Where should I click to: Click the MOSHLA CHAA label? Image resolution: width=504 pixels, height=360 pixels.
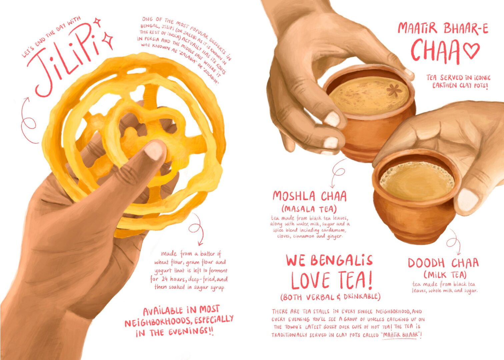coord(310,196)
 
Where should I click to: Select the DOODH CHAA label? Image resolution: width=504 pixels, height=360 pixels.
coord(443,263)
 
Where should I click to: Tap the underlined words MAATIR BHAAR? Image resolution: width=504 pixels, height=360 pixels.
coord(401,335)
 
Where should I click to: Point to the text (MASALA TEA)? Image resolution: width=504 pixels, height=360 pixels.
coord(309,209)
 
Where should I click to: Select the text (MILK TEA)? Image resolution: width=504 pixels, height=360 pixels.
coord(445,275)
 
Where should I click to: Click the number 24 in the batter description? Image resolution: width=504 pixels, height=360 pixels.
coord(165,279)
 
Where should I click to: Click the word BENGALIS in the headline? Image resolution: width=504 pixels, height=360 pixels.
coord(342,260)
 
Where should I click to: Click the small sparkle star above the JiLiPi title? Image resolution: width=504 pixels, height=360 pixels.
coord(97,22)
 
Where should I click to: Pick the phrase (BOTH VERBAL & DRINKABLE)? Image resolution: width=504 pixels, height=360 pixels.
coord(330,297)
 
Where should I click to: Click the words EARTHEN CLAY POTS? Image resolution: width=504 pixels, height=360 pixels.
coord(460,85)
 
